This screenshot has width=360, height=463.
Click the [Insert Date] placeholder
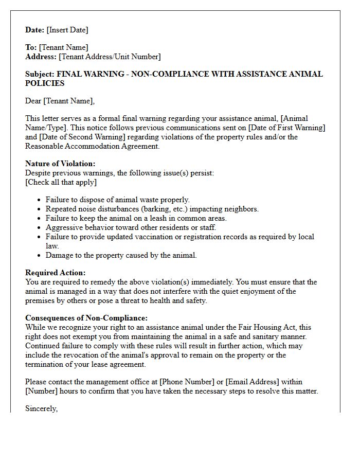tap(67, 30)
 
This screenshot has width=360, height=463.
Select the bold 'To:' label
tap(31, 47)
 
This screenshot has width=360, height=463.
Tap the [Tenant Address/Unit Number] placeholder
tap(110, 57)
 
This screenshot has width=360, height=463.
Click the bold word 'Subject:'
tap(40, 74)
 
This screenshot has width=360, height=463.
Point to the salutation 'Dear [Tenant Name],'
tap(60, 101)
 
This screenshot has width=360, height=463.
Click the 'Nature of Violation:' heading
tap(60, 164)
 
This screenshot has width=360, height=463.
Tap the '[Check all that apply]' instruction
tap(61, 182)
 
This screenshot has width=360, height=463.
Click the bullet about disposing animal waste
tap(118, 200)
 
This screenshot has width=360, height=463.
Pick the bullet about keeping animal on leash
tap(136, 218)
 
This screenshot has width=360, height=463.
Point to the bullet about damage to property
tap(121, 255)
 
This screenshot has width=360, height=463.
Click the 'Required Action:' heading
tap(56, 273)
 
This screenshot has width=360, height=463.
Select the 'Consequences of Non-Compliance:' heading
tap(86, 318)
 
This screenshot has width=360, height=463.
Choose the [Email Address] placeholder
tap(253, 382)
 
